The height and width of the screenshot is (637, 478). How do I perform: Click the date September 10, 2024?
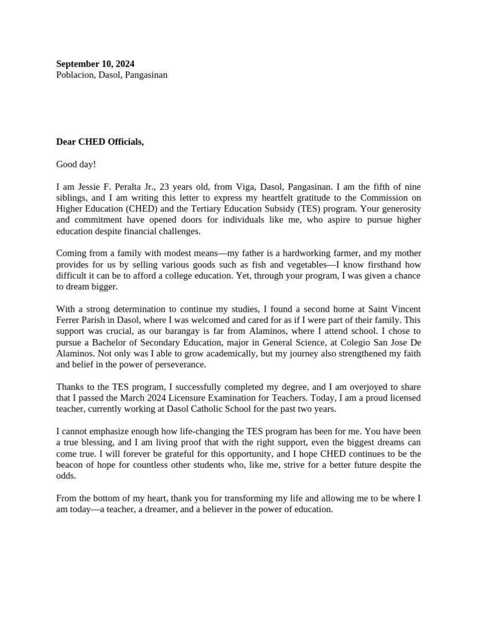95,64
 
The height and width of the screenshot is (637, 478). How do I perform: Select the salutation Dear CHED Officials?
100,142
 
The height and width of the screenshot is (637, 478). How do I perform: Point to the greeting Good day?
76,164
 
